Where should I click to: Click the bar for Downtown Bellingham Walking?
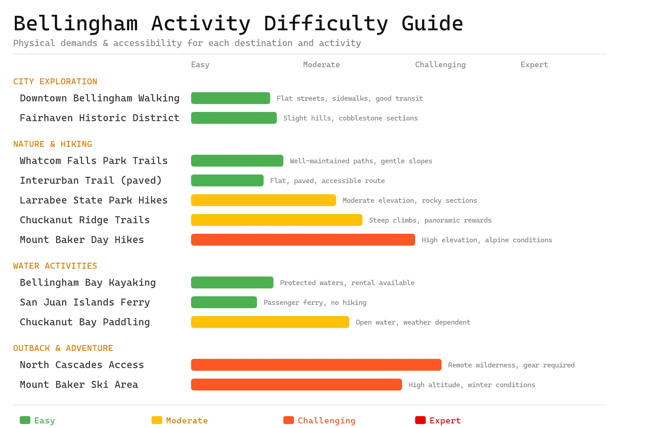tap(231, 98)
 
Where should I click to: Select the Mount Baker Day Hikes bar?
tap(303, 240)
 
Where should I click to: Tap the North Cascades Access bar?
tap(316, 365)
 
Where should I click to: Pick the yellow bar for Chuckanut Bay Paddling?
tap(270, 322)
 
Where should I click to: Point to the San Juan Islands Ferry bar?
tap(224, 302)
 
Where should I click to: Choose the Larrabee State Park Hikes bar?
tap(263, 200)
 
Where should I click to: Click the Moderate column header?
tap(321, 65)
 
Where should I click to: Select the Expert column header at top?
tap(534, 65)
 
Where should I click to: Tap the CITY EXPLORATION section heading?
tap(55, 82)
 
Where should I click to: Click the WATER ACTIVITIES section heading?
tap(55, 266)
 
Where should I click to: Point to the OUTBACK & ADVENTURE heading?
tap(63, 348)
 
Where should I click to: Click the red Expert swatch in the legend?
tap(420, 420)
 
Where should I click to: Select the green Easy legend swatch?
tap(25, 420)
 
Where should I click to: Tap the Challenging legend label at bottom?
tap(327, 421)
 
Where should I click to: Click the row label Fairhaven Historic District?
tap(100, 118)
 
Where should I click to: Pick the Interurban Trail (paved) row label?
tap(91, 180)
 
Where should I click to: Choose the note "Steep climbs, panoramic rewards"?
tap(430, 220)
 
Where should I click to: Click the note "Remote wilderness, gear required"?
tap(511, 365)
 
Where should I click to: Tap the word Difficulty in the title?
tap(326, 24)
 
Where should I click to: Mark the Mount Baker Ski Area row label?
tap(79, 385)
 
